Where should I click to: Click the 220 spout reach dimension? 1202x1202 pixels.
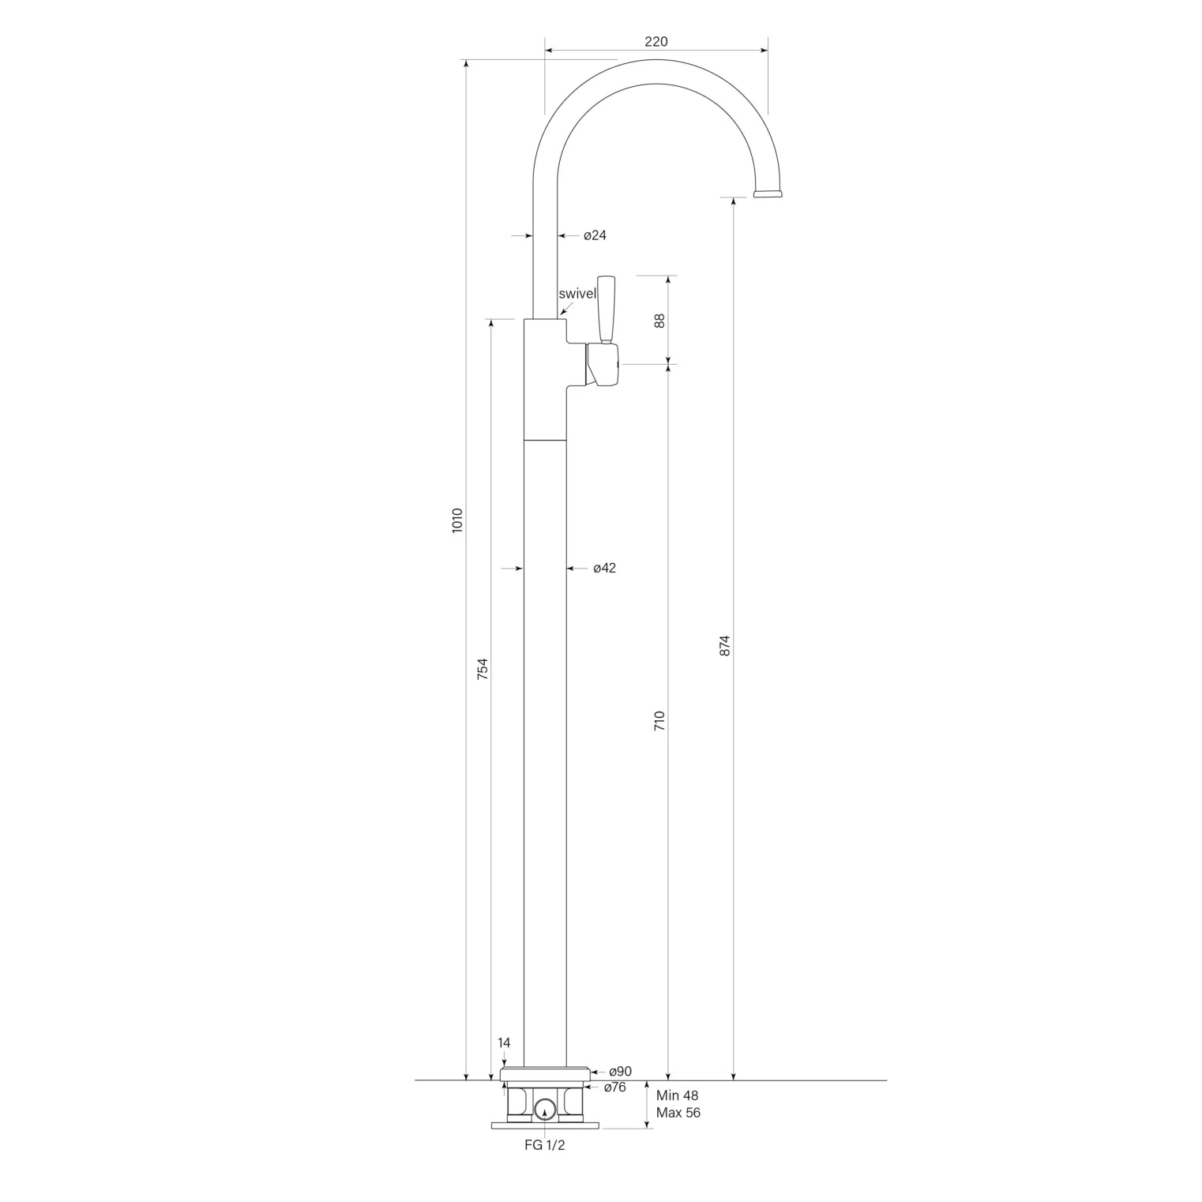(x=655, y=42)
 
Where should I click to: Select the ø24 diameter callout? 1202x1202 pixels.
(x=595, y=235)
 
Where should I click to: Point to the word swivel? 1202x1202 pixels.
(x=577, y=294)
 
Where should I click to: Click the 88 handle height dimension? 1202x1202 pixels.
(x=659, y=321)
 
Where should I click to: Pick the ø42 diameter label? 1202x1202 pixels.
(x=604, y=568)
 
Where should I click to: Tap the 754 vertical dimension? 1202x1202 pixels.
(x=483, y=668)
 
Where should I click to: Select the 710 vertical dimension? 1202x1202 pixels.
(x=659, y=721)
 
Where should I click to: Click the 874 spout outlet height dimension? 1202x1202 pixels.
(x=725, y=646)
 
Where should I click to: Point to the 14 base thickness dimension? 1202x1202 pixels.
(x=504, y=1042)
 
